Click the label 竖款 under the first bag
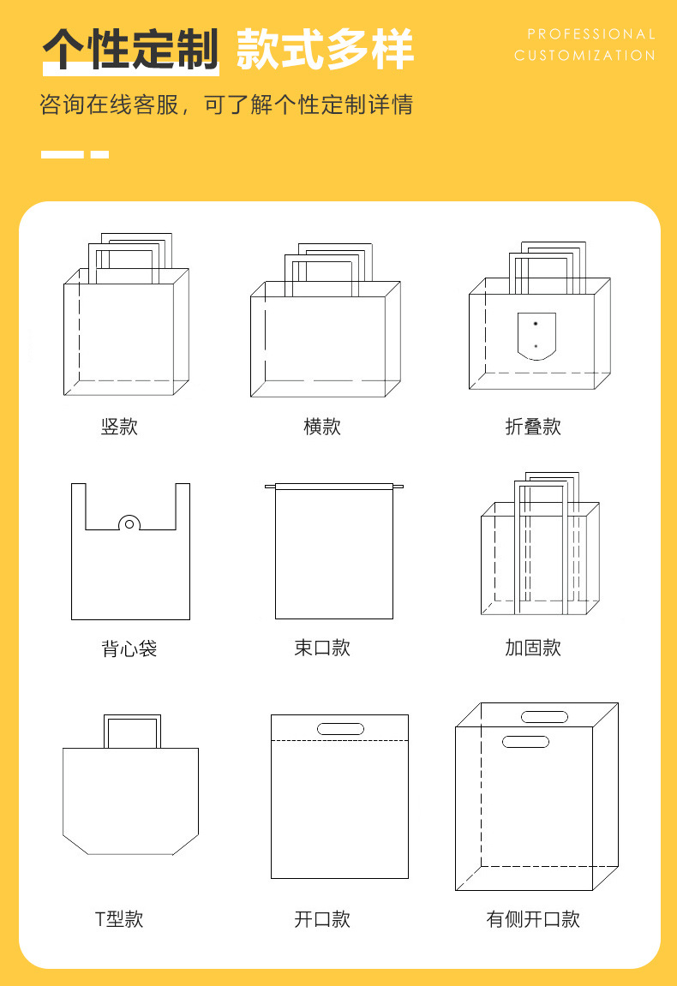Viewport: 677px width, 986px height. point(119,427)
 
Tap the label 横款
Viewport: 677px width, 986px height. point(322,427)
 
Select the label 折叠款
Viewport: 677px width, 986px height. point(533,427)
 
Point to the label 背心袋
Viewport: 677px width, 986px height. point(129,648)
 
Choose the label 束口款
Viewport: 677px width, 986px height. point(322,648)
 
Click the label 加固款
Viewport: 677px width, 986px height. point(533,648)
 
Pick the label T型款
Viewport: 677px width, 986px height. point(119,919)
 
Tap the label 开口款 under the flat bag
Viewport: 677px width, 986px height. point(322,919)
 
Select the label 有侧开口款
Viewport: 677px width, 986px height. point(533,919)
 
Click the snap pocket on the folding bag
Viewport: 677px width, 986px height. point(536,336)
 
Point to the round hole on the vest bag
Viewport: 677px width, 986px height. point(129,523)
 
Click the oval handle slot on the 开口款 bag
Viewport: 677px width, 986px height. point(340,729)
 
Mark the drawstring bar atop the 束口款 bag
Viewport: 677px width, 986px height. point(334,487)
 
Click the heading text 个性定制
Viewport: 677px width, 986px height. point(131,50)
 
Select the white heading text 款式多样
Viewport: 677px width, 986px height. point(325,50)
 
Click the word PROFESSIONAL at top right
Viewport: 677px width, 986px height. point(591,34)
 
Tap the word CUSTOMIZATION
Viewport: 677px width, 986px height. point(584,56)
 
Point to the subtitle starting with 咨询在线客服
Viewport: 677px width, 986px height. point(226,105)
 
